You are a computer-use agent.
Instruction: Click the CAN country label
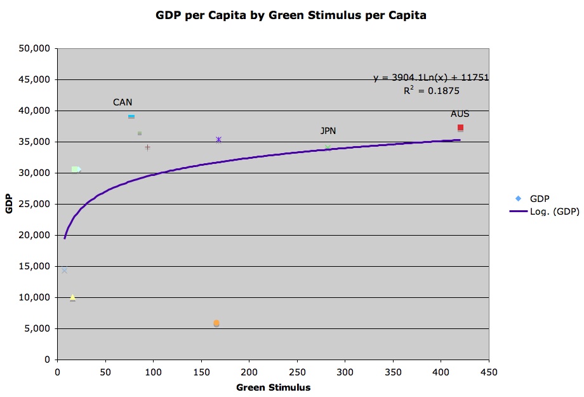[x=123, y=102]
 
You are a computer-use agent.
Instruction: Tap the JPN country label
[x=328, y=131]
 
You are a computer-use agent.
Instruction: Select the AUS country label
[x=460, y=114]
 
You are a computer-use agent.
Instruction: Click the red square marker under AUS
[x=460, y=128]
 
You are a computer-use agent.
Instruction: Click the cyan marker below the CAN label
[x=131, y=117]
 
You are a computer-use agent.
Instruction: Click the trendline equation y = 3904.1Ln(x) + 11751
[x=430, y=78]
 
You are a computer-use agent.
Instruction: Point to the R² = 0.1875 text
[x=431, y=91]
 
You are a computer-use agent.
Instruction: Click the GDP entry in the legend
[x=540, y=199]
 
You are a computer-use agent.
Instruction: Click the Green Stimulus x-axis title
[x=273, y=387]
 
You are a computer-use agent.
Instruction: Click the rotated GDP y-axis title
[x=10, y=204]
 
